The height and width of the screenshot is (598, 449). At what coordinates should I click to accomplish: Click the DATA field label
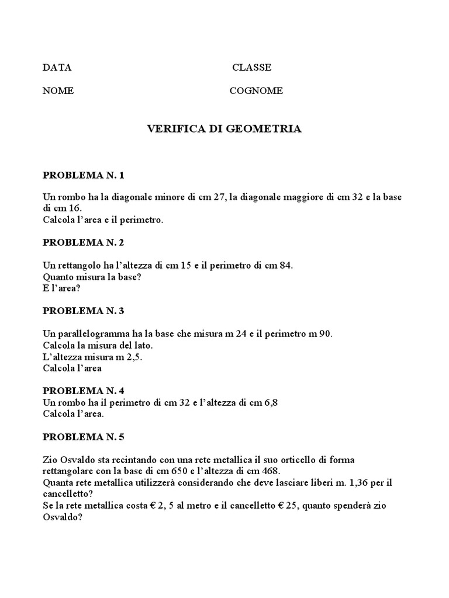tap(57, 67)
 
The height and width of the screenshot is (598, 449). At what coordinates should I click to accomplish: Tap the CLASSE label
tap(251, 67)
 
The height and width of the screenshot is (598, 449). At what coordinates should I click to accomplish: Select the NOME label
tap(58, 91)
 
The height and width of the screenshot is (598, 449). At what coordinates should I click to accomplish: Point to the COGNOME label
tap(256, 91)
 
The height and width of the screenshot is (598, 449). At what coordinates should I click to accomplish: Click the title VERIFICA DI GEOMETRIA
tap(224, 129)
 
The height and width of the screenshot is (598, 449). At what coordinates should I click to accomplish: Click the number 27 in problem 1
tap(219, 197)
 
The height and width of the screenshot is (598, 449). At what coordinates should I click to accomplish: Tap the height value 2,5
tap(133, 357)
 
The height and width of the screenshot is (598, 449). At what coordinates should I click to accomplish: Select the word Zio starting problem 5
tap(50, 460)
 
